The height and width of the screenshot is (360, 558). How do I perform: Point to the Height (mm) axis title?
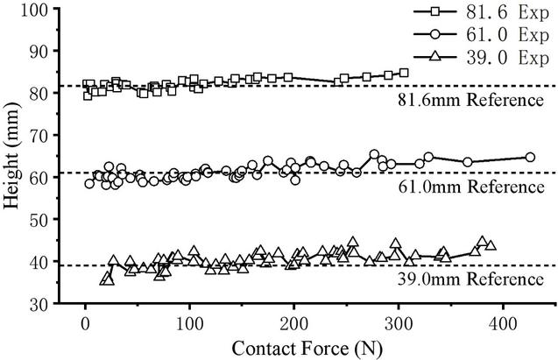click(x=12, y=158)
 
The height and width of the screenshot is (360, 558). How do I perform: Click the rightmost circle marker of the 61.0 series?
click(x=530, y=158)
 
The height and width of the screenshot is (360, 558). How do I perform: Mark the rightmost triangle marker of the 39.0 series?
click(x=491, y=246)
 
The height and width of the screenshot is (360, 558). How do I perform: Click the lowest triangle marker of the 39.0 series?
click(x=106, y=279)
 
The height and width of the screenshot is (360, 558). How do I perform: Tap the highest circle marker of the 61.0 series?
click(x=374, y=155)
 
